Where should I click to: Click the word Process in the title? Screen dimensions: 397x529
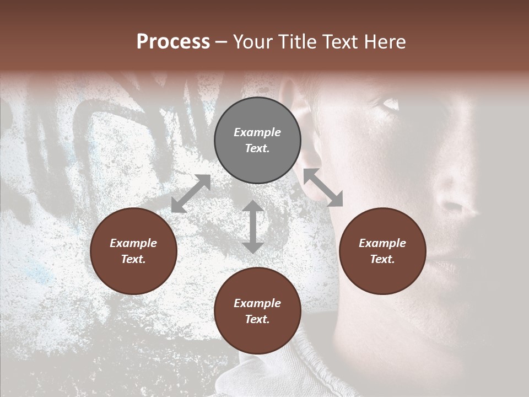click(x=173, y=42)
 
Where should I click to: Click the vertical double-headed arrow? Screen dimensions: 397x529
click(x=253, y=227)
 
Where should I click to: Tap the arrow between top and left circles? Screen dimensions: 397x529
click(x=191, y=194)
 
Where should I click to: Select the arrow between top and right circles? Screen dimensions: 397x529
click(x=323, y=187)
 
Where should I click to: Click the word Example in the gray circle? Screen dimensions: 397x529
click(x=257, y=132)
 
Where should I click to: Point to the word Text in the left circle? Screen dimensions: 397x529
click(x=133, y=259)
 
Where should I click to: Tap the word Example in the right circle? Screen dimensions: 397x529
click(x=382, y=243)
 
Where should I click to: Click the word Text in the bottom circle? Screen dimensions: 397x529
click(x=257, y=319)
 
